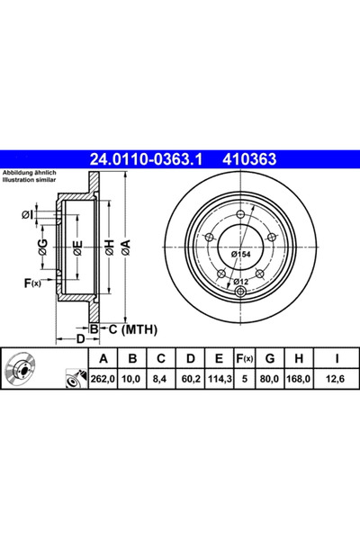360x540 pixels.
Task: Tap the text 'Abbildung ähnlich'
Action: (x=29, y=171)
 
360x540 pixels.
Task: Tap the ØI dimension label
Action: (x=26, y=213)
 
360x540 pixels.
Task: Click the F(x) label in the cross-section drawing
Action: (x=31, y=283)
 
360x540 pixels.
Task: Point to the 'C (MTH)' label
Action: (x=131, y=329)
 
